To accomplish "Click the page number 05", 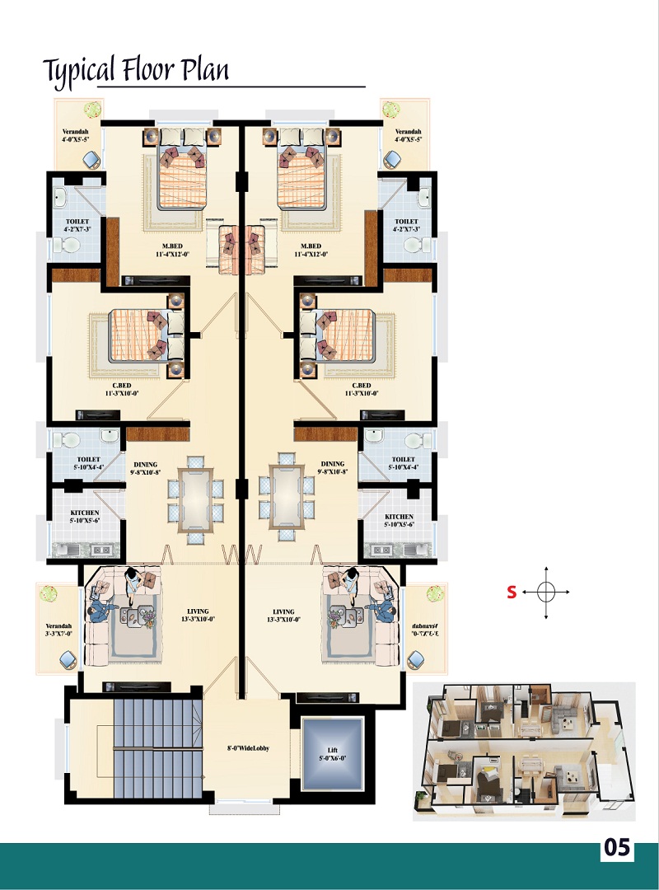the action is point(616,847).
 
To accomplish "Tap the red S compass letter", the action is point(512,592).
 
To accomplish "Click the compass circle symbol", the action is point(546,592).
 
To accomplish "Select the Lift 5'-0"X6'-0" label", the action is point(333,754).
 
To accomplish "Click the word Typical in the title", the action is point(79,70).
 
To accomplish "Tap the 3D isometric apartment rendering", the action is point(524,751).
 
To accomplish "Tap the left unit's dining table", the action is point(195,499).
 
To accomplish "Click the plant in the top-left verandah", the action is point(94,108).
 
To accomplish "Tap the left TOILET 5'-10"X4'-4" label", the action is point(88,463).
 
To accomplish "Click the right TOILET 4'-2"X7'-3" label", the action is point(406,225).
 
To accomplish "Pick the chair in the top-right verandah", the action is point(392,160).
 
